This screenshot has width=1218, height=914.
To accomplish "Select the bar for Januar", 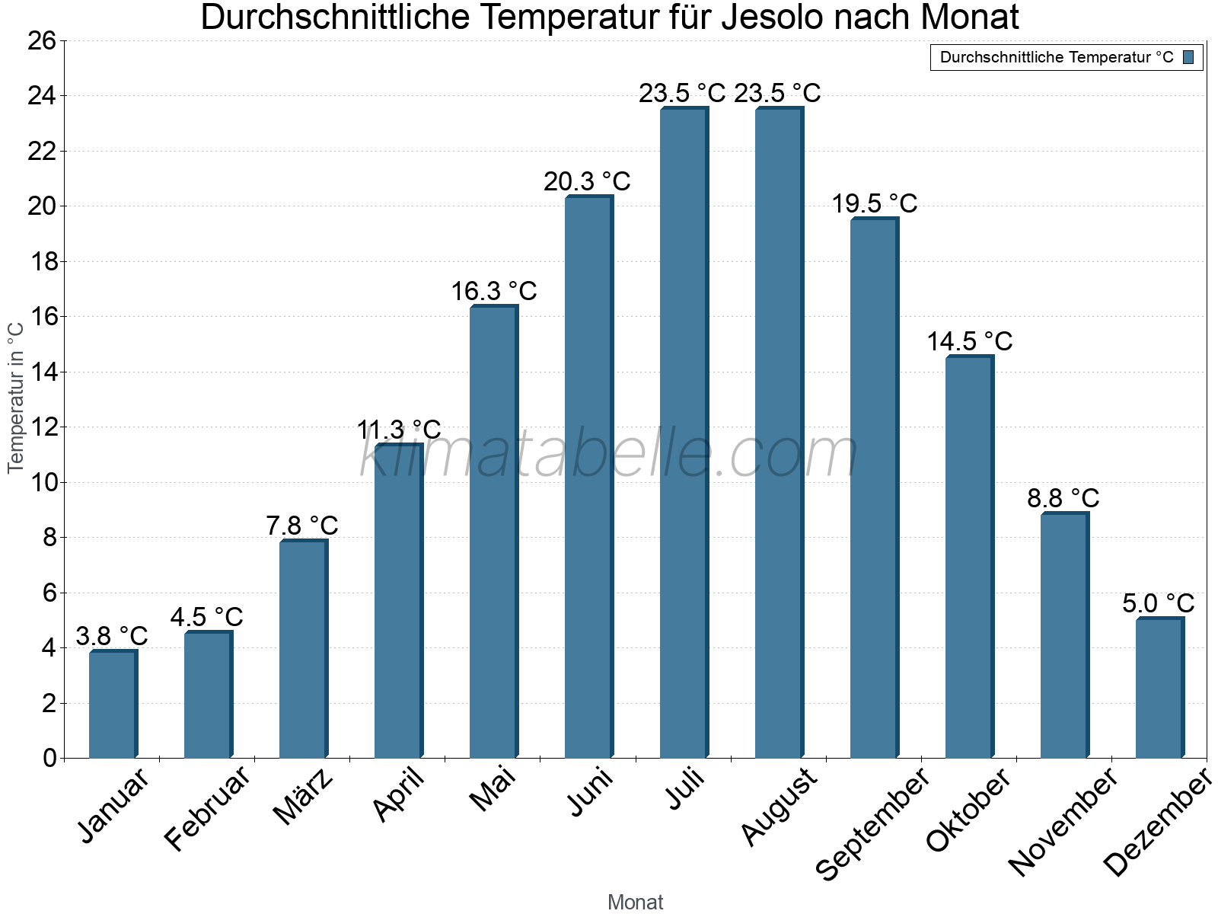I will click(113, 705).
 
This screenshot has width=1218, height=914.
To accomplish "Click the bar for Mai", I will click(493, 533).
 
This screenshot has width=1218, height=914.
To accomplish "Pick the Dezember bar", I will click(1159, 689).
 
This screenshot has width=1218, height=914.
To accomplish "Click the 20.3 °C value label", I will click(587, 182).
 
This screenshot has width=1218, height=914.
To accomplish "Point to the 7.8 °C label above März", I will click(302, 526).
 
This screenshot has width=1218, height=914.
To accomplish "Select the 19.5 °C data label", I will click(874, 204).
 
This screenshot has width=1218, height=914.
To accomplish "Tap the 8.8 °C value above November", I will click(1063, 499).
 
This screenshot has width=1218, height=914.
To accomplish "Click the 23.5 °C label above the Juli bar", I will click(682, 94).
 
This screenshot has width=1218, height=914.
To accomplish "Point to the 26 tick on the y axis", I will click(42, 40).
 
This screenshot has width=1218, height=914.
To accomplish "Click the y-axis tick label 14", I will click(42, 372).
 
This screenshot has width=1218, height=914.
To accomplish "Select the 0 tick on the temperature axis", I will click(49, 759).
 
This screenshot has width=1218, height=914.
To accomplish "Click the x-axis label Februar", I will click(207, 809).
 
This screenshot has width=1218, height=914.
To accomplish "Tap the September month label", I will click(872, 824).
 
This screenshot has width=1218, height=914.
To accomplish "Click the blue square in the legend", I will click(1188, 57).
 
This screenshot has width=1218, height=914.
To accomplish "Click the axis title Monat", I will click(636, 903).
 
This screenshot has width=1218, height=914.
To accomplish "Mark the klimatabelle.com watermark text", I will click(609, 455).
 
